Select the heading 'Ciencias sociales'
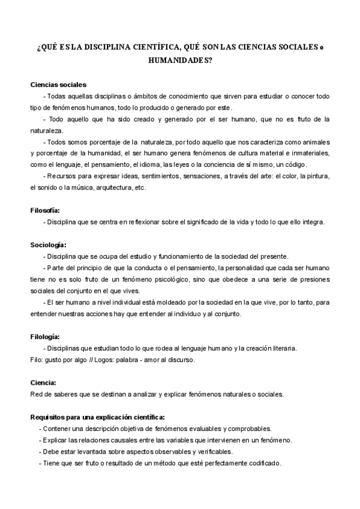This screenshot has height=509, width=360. click(58, 85)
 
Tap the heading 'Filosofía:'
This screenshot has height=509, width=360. click(45, 210)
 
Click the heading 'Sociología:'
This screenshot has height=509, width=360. click(48, 244)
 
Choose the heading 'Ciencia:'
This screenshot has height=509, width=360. click(43, 382)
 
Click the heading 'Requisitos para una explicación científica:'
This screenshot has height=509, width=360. click(98, 417)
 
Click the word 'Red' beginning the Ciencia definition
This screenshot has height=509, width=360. click(36, 394)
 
